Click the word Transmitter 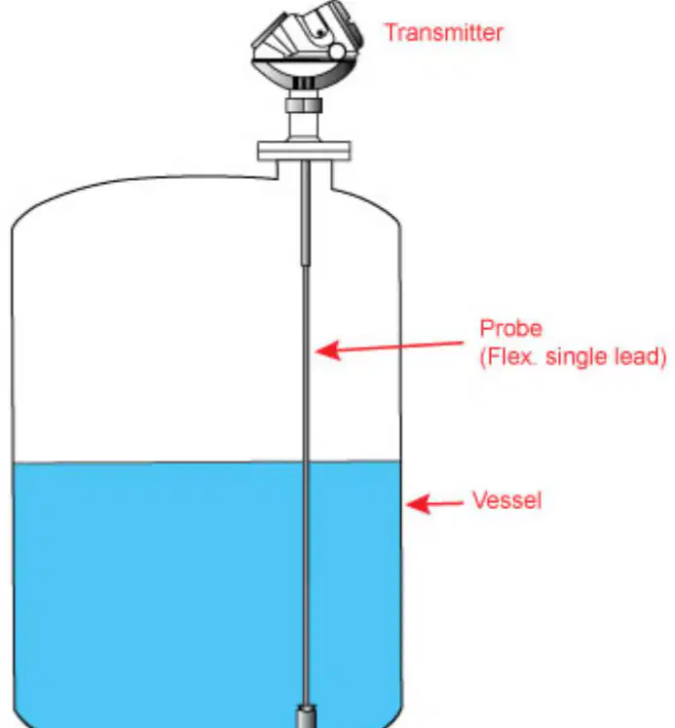tap(444, 32)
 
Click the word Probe tap(510, 328)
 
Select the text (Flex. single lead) tap(573, 356)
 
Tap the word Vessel tap(506, 500)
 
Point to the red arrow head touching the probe tap(327, 350)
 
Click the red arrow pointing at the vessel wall tap(434, 503)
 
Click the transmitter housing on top tap(307, 49)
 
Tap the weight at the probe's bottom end tap(306, 715)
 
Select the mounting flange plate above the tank tap(304, 151)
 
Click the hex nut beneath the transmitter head tap(304, 105)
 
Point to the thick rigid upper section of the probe tap(305, 212)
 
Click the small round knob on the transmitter tap(337, 52)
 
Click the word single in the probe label tap(576, 356)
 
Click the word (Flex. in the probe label tap(507, 356)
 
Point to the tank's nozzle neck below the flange tap(304, 172)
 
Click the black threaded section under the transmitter tap(304, 83)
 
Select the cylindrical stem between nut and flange tap(304, 127)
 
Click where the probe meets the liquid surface tap(306, 462)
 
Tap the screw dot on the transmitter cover tap(320, 32)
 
